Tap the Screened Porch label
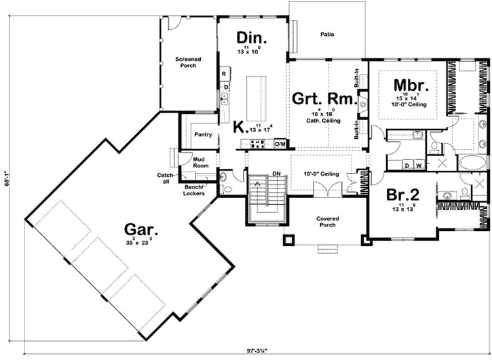tap(188, 63)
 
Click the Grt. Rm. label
tap(324, 99)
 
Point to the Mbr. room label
tap(410, 85)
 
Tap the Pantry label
tap(203, 134)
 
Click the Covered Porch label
tap(328, 223)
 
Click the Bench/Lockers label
tap(193, 191)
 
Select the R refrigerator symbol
tap(223, 73)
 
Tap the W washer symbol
tap(417, 165)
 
